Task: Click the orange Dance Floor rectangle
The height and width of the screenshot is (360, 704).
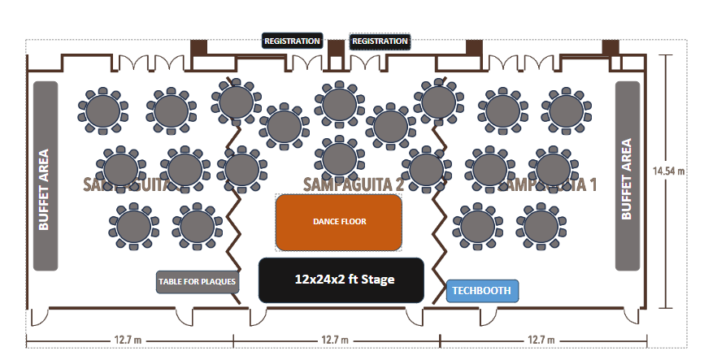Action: [339, 221]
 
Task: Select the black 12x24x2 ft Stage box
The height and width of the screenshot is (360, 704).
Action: [341, 280]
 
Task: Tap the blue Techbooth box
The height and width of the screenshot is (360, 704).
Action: [482, 290]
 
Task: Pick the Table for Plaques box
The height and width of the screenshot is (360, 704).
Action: [198, 282]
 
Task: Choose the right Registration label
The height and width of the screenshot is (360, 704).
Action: [380, 41]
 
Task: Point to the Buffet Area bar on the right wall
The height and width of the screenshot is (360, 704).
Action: [628, 176]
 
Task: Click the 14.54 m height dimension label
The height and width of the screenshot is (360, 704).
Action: [670, 171]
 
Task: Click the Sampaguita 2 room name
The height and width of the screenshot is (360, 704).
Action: [354, 184]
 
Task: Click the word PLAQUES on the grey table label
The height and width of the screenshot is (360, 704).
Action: [218, 283]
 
